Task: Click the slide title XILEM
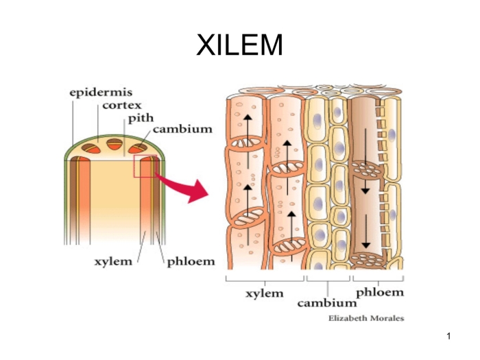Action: click(x=239, y=45)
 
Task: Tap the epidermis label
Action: click(x=101, y=91)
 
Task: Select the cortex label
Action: click(x=121, y=105)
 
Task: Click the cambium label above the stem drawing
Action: click(x=182, y=129)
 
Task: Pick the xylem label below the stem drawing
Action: click(x=114, y=262)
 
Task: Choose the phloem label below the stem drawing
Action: click(x=191, y=262)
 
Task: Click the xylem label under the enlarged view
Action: click(x=264, y=293)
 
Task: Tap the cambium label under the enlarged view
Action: click(x=327, y=302)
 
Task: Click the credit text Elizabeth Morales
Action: click(x=366, y=318)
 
